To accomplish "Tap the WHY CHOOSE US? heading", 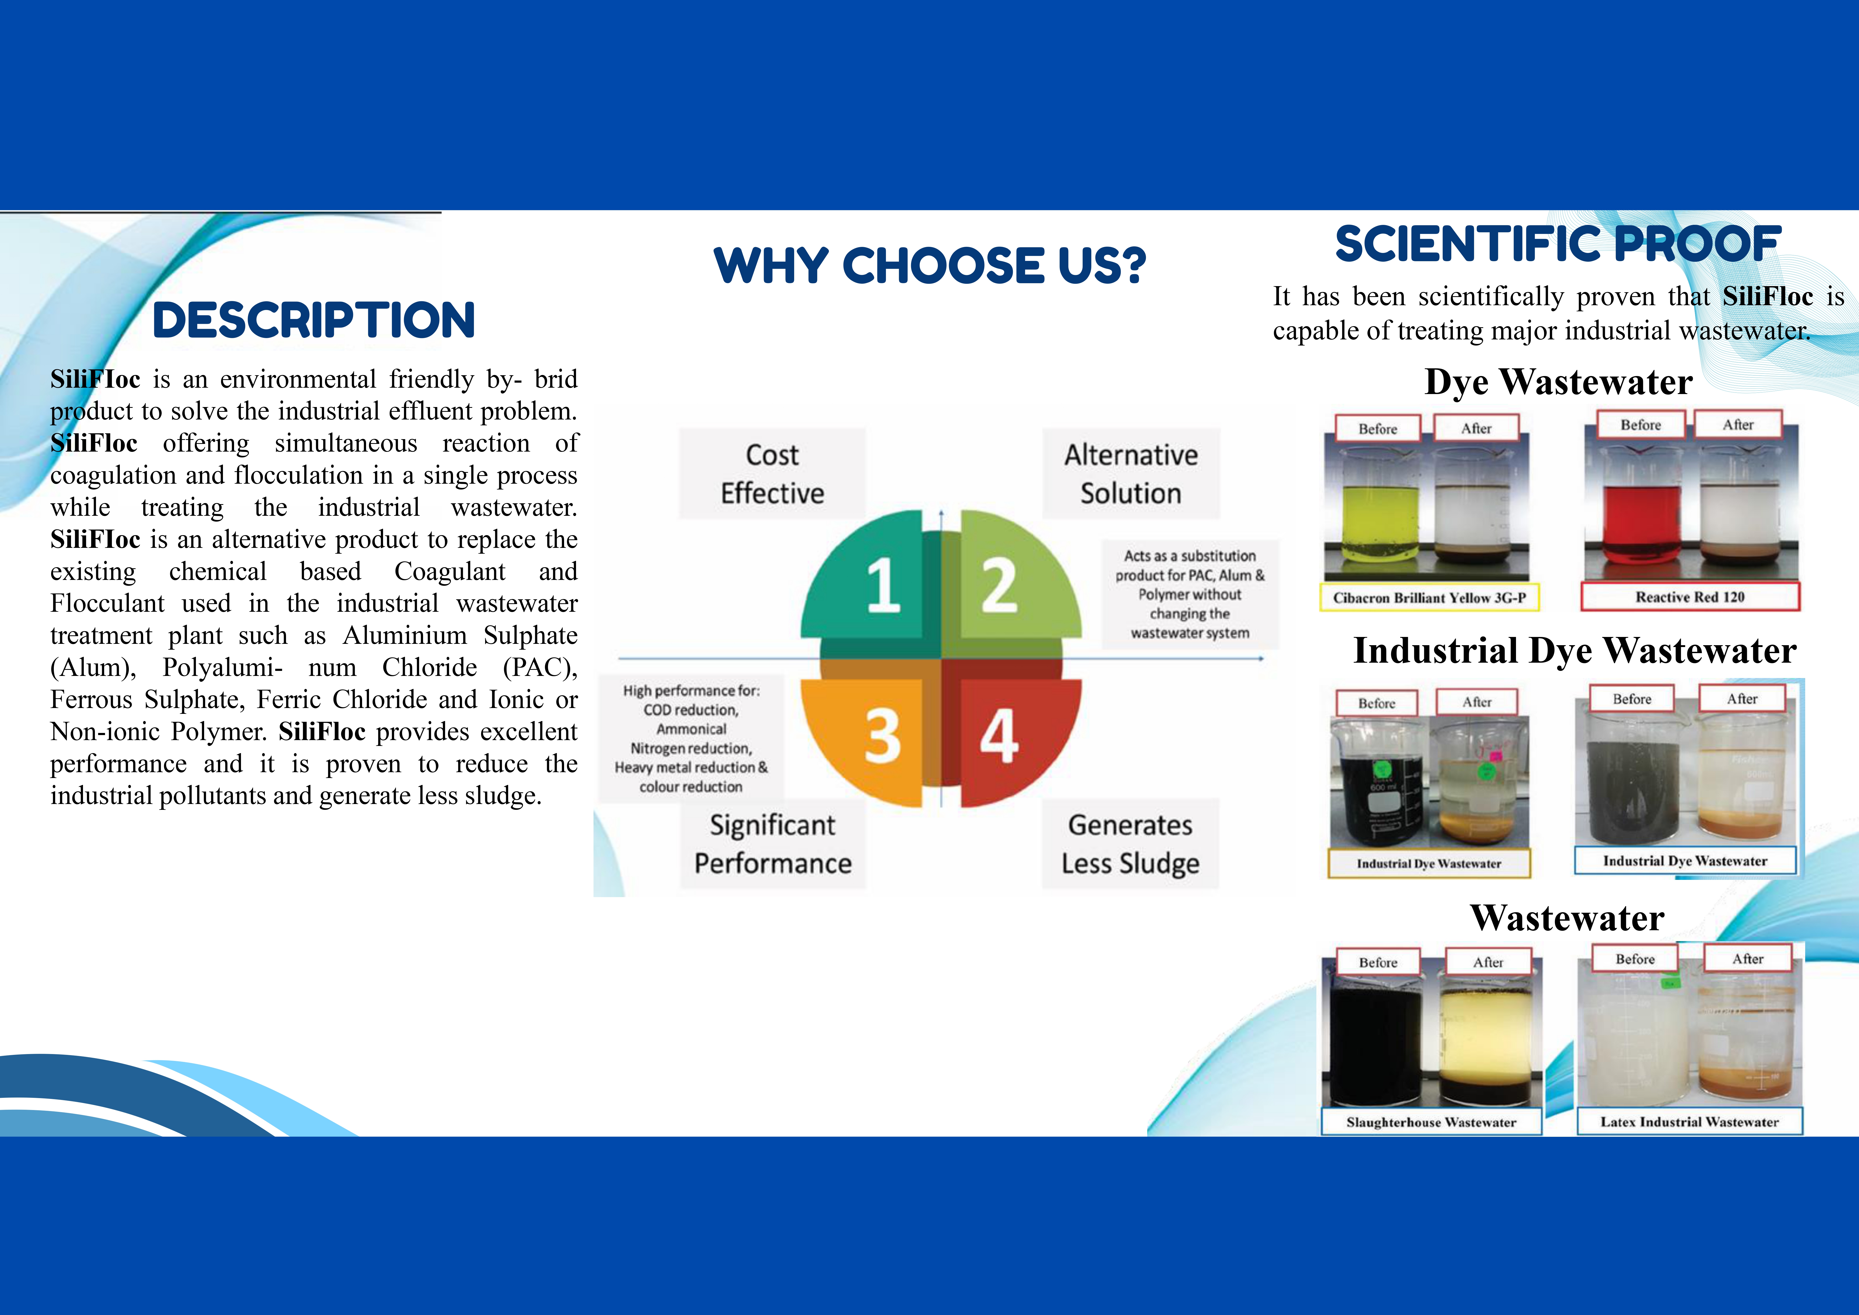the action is tap(929, 266).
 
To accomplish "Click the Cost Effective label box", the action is tap(772, 474).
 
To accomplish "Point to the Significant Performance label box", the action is tap(772, 844).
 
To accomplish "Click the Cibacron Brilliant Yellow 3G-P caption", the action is tap(1429, 598).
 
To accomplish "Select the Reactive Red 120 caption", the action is tap(1690, 597).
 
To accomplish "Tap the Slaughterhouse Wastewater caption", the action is tap(1431, 1122).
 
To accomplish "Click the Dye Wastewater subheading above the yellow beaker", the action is tap(1558, 381).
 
